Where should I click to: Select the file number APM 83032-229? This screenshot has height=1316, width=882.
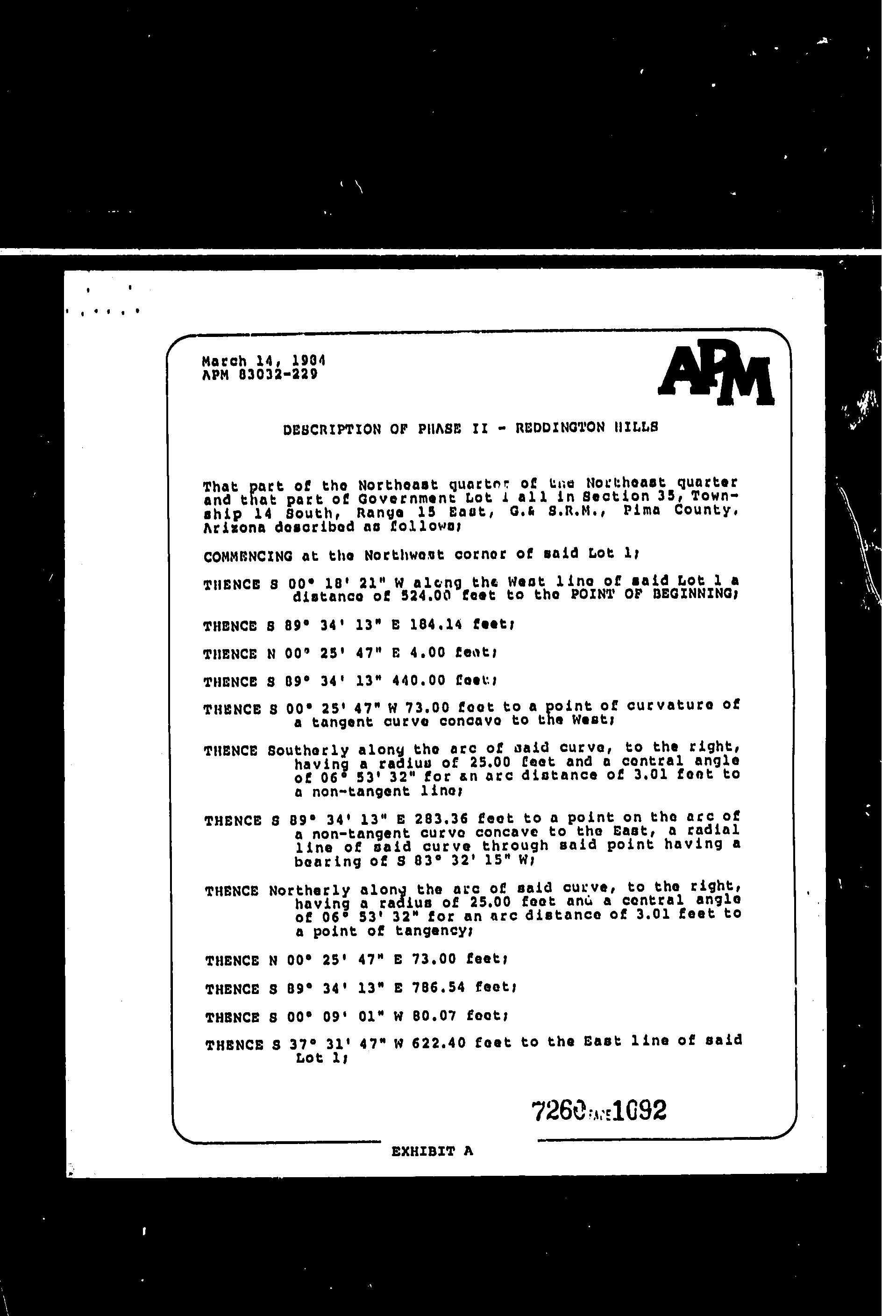[259, 375]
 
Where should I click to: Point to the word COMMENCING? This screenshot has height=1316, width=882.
[248, 557]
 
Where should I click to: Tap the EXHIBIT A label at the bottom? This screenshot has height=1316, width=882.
[432, 1151]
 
